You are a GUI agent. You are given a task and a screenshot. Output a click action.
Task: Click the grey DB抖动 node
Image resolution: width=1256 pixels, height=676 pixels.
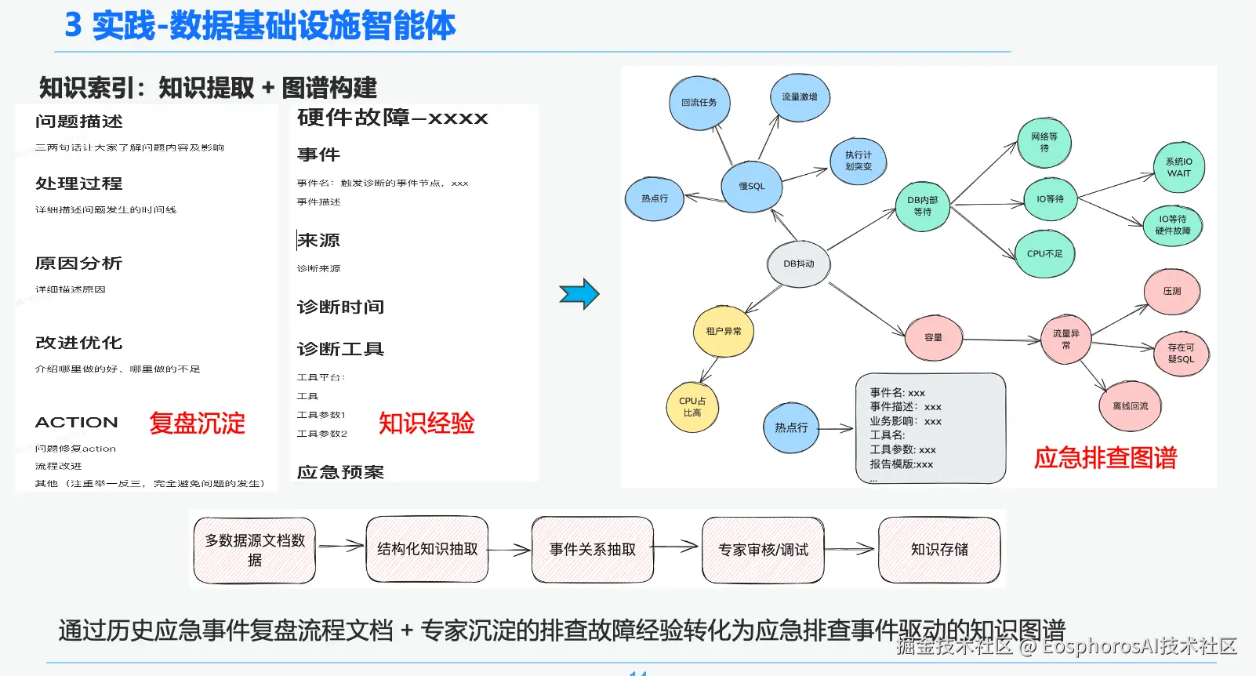pyautogui.click(x=798, y=264)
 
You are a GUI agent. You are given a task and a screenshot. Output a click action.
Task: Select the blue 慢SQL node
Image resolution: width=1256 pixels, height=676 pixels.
pyautogui.click(x=751, y=187)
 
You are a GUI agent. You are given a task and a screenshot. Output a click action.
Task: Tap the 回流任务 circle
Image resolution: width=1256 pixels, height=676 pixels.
pyautogui.click(x=699, y=103)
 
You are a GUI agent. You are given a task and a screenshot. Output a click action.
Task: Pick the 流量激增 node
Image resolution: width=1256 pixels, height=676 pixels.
pyautogui.click(x=799, y=97)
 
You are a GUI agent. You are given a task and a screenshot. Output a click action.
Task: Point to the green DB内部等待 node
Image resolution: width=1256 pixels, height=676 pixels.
pyautogui.click(x=922, y=206)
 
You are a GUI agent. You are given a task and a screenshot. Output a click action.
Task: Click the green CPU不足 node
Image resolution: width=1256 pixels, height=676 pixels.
pyautogui.click(x=1044, y=254)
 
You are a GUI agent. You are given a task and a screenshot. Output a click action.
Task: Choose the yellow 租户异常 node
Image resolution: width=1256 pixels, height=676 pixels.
pyautogui.click(x=723, y=332)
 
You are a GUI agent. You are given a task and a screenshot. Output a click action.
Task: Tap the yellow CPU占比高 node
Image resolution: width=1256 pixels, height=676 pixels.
pyautogui.click(x=692, y=407)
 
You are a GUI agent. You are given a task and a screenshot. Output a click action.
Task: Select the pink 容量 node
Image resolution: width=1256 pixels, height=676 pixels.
pyautogui.click(x=933, y=338)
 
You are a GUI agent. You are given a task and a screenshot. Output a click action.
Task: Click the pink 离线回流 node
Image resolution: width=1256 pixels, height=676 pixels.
pyautogui.click(x=1130, y=406)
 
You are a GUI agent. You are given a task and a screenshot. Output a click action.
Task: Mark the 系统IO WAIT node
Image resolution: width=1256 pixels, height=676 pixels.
pyautogui.click(x=1178, y=168)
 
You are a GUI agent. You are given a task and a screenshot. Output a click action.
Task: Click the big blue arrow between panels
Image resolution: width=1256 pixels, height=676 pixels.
pyautogui.click(x=579, y=294)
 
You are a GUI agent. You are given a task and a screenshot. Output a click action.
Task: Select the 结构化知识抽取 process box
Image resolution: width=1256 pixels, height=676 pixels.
pyautogui.click(x=427, y=550)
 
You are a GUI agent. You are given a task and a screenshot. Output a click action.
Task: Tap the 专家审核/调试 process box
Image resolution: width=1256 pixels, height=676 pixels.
pyautogui.click(x=763, y=550)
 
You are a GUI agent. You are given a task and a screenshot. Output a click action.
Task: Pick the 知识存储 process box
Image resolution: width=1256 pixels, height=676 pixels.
pyautogui.click(x=939, y=550)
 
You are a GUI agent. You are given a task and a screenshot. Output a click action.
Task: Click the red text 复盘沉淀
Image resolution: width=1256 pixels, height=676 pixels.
pyautogui.click(x=197, y=423)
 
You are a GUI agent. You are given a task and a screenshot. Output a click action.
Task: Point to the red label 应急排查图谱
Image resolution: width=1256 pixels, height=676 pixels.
pyautogui.click(x=1105, y=458)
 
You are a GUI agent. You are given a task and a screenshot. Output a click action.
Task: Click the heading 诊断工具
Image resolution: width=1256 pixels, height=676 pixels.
pyautogui.click(x=340, y=349)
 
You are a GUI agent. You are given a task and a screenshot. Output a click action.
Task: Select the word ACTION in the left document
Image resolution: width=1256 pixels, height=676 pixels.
pyautogui.click(x=76, y=423)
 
